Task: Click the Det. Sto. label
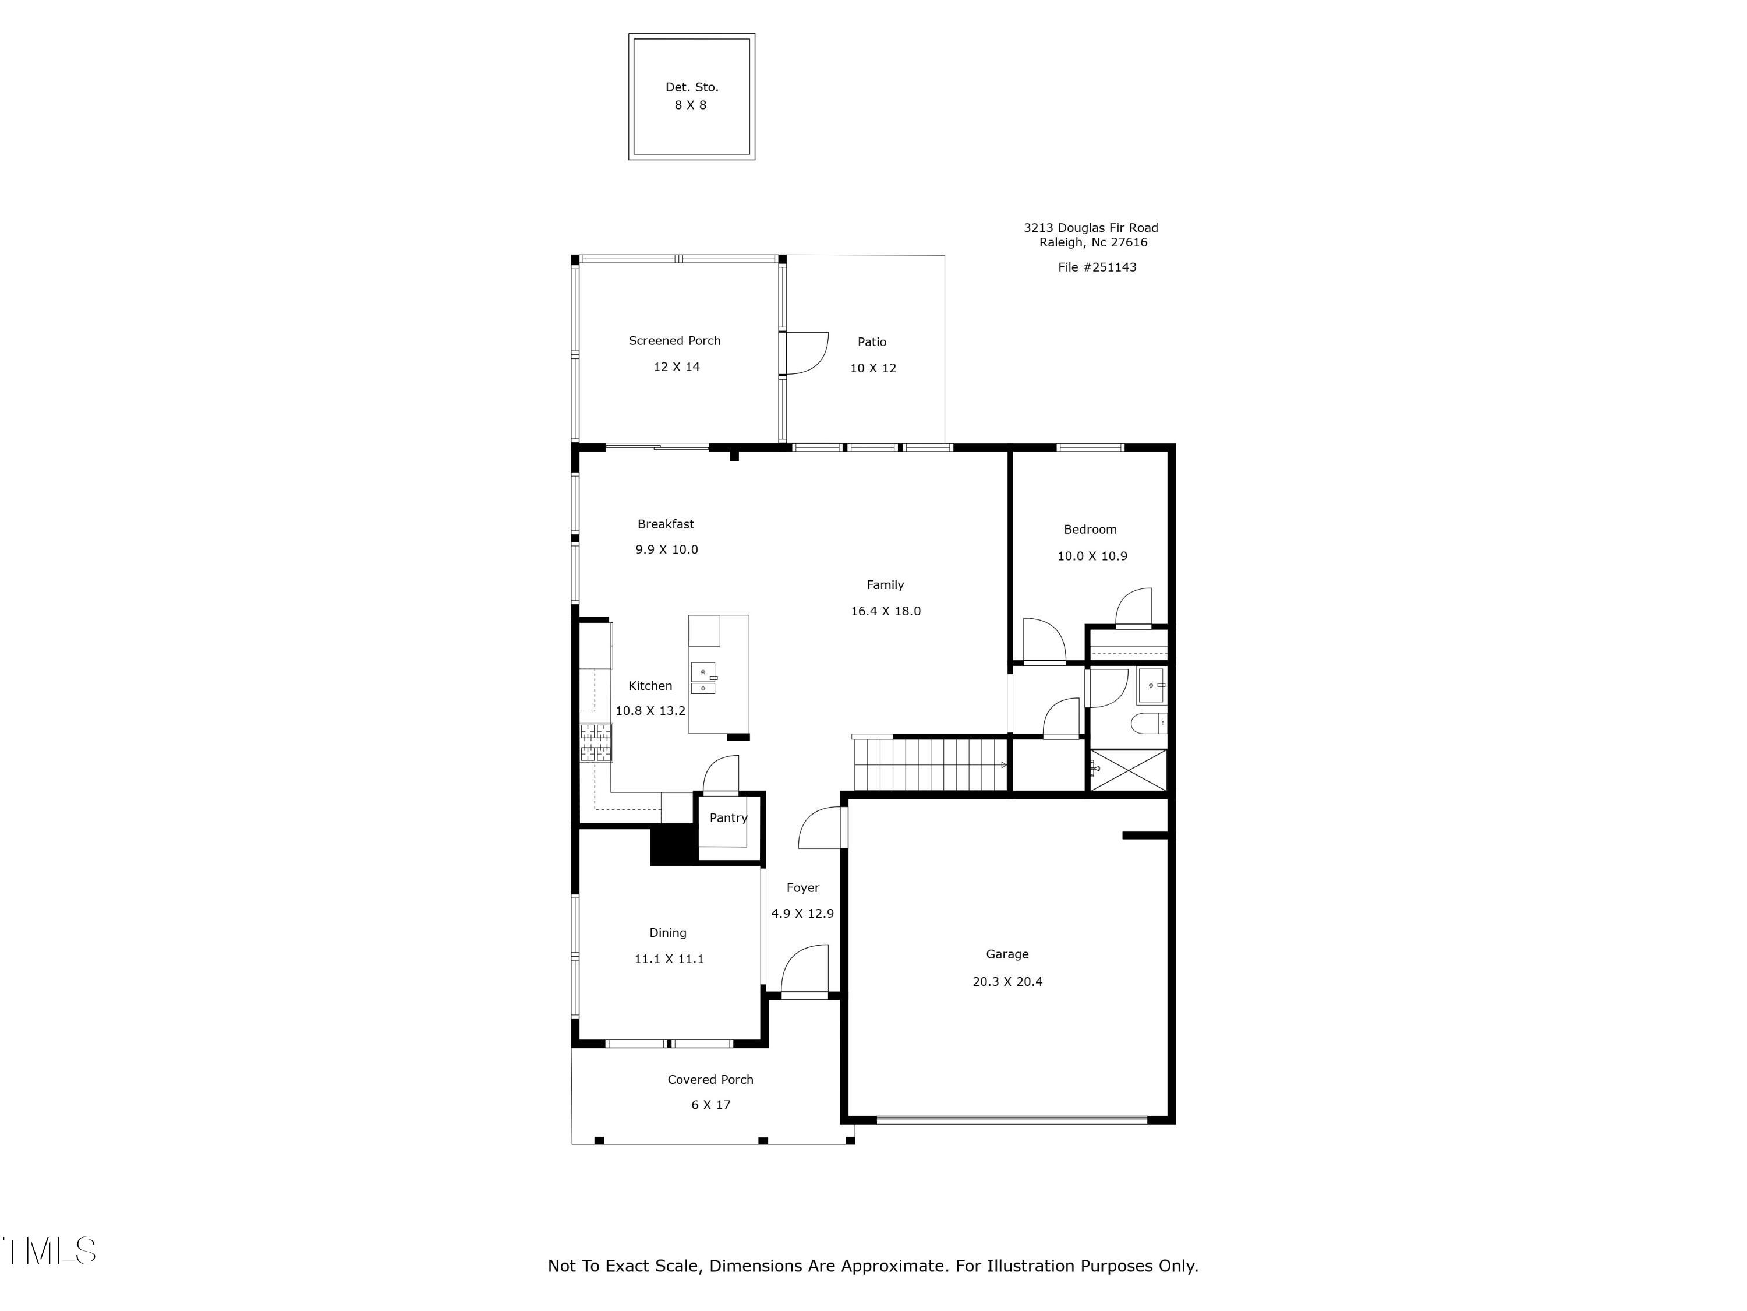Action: coord(691,87)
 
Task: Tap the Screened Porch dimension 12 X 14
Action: coord(676,366)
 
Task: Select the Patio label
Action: coord(871,341)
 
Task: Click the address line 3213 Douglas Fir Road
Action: coord(1090,228)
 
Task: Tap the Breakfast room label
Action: coord(665,524)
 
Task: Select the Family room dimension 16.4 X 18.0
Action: coord(885,611)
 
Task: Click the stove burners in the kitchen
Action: coord(596,743)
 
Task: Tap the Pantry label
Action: coord(727,818)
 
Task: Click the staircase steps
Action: coord(928,764)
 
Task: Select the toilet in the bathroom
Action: coord(1146,723)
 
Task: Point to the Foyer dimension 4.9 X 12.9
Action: coord(802,914)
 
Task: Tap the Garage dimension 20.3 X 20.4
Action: coord(1006,981)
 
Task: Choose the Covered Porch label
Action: coord(709,1080)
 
